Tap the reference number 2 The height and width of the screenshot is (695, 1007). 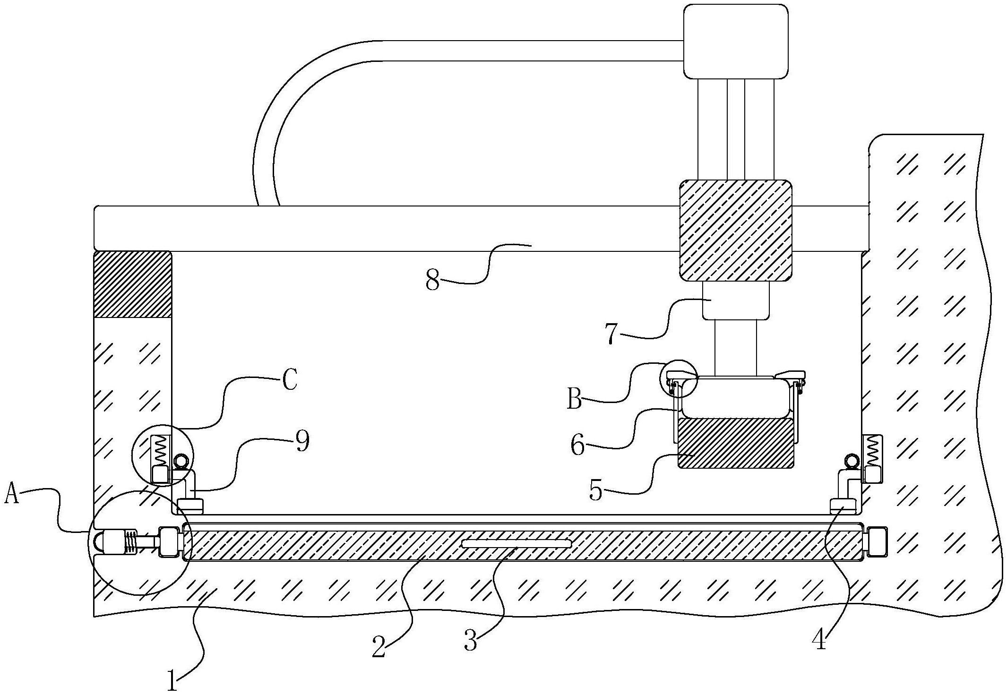coord(379,647)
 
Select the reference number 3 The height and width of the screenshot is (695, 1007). coord(471,641)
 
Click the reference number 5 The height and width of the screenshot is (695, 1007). coord(596,491)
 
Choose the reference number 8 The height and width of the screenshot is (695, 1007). coord(433,281)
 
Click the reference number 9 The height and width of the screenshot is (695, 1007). coord(302,442)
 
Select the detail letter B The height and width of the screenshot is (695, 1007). coord(574,400)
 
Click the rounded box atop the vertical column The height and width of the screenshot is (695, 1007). coord(736,42)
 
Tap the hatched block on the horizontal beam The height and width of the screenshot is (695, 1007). coord(735,229)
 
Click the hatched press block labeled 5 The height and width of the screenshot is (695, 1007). coord(736,443)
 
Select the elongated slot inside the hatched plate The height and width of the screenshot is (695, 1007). coord(516,544)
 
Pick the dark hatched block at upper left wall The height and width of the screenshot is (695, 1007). coord(132,284)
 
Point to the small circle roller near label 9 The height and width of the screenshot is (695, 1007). coord(182,460)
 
